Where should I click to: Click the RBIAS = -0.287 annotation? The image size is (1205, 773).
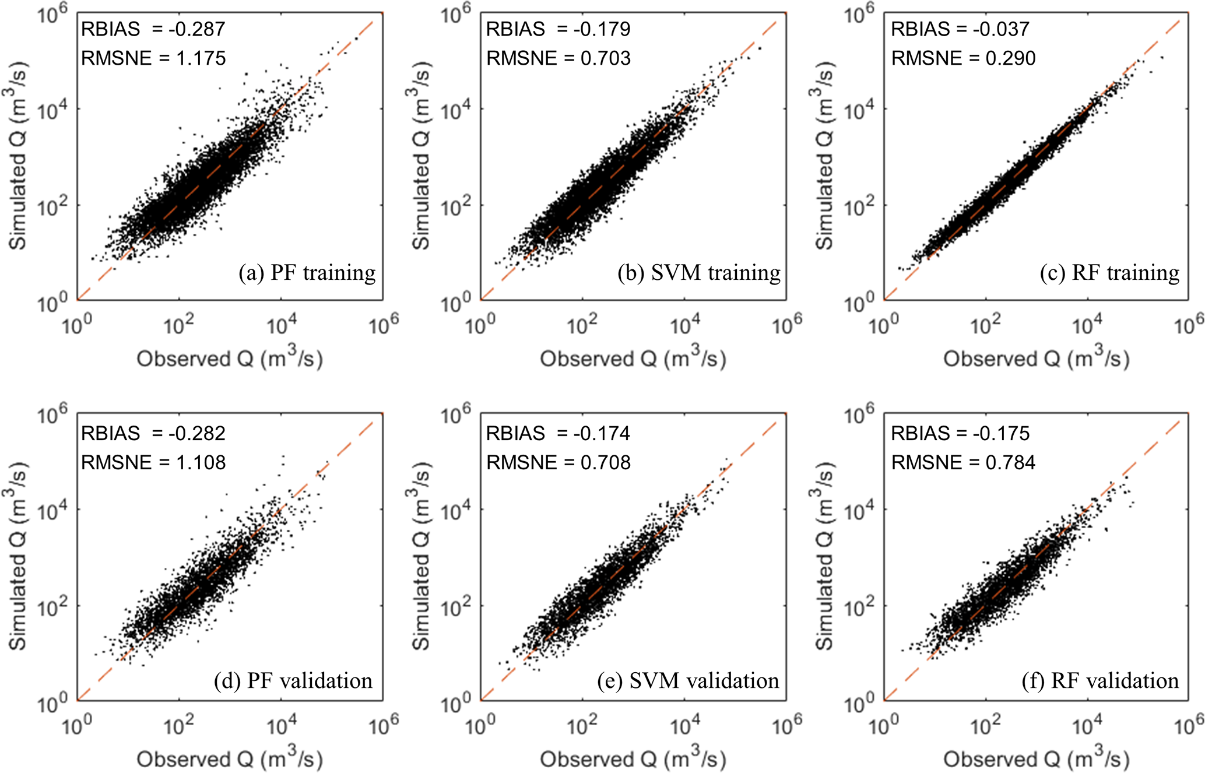(153, 29)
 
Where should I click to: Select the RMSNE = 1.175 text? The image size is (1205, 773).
(153, 58)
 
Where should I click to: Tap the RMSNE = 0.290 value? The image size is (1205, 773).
(963, 58)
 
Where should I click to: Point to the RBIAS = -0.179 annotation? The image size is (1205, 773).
(558, 29)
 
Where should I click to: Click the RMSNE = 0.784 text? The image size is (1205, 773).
(963, 462)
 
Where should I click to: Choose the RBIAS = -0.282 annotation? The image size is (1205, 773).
(153, 433)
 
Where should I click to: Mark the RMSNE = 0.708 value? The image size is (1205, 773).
(558, 462)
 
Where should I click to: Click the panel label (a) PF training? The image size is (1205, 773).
(307, 273)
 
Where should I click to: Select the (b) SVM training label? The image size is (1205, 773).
(699, 273)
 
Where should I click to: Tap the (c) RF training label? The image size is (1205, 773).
(1109, 273)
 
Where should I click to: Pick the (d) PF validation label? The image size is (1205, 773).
(293, 680)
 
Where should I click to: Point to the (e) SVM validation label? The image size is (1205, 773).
(688, 680)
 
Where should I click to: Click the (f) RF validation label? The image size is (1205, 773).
(1100, 680)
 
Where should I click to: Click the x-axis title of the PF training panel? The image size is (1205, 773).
(230, 357)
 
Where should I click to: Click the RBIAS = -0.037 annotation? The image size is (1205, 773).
(960, 29)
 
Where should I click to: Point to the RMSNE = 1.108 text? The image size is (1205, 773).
(153, 462)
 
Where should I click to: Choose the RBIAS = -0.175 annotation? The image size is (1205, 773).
(960, 433)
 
